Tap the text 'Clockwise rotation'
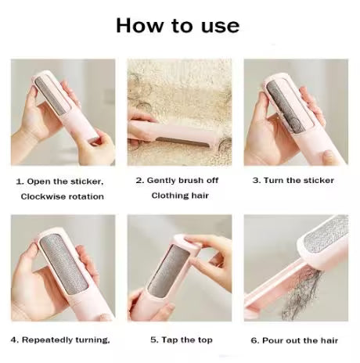(x=62, y=196)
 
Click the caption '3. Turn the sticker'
(x=293, y=180)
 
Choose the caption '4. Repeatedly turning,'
(x=59, y=340)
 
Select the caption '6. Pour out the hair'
(x=295, y=340)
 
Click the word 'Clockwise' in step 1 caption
(x=42, y=196)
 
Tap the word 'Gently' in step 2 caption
(x=161, y=180)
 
